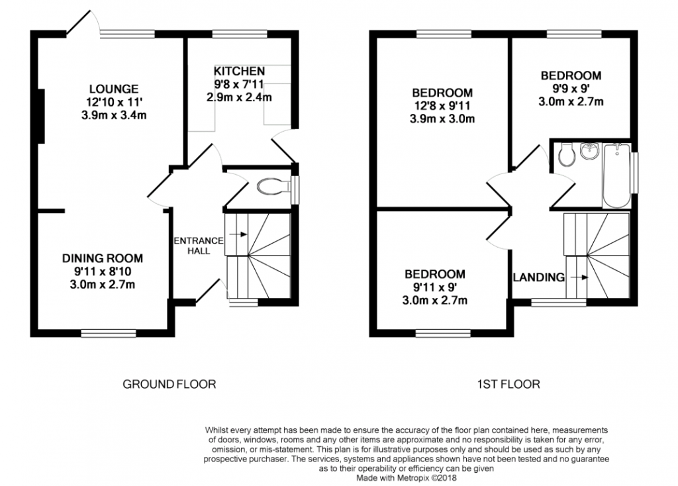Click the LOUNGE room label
[x=114, y=89]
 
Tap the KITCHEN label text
[x=239, y=71]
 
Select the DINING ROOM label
[x=103, y=259]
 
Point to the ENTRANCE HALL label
[x=199, y=246]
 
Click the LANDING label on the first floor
[x=539, y=277]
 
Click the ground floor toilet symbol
[x=273, y=187]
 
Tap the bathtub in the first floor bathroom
[x=616, y=176]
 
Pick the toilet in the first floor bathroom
[x=566, y=154]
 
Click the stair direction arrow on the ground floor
[x=238, y=234]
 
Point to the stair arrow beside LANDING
[x=579, y=277]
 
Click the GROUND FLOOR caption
[x=169, y=384]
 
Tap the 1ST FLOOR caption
[x=508, y=384]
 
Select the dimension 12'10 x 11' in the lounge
[x=114, y=103]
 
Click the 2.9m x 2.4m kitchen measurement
[x=239, y=97]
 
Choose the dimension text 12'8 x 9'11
[x=442, y=105]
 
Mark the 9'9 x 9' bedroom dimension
[x=571, y=89]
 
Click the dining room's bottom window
[x=109, y=333]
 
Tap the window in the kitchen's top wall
[x=240, y=34]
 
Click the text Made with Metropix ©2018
[x=407, y=478]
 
